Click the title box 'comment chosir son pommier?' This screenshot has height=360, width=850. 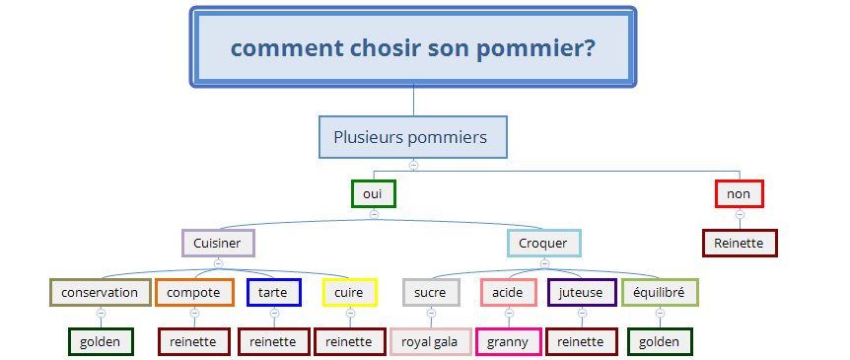tap(413, 46)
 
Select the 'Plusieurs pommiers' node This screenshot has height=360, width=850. tap(413, 137)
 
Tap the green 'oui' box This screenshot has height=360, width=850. tap(374, 193)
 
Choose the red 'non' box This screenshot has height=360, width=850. tap(739, 193)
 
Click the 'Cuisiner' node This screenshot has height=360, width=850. tap(218, 243)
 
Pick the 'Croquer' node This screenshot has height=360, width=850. tap(543, 243)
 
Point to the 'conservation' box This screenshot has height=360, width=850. tap(101, 293)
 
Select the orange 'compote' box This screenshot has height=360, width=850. tap(194, 293)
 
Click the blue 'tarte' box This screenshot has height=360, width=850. tap(274, 293)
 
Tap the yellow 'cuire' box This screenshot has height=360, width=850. tap(350, 293)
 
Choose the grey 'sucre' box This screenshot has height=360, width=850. tap(431, 293)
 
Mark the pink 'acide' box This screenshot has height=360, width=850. tap(509, 293)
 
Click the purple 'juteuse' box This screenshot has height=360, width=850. tap(582, 293)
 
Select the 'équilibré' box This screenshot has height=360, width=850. tap(660, 293)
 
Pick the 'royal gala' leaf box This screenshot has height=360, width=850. tap(431, 341)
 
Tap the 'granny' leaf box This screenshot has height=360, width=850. tap(509, 341)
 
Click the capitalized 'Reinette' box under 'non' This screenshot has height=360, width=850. tap(740, 243)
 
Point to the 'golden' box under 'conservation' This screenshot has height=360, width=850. tap(101, 341)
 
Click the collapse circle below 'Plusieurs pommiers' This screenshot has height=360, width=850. tap(413, 165)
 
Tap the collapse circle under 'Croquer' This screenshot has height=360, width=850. tap(544, 263)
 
